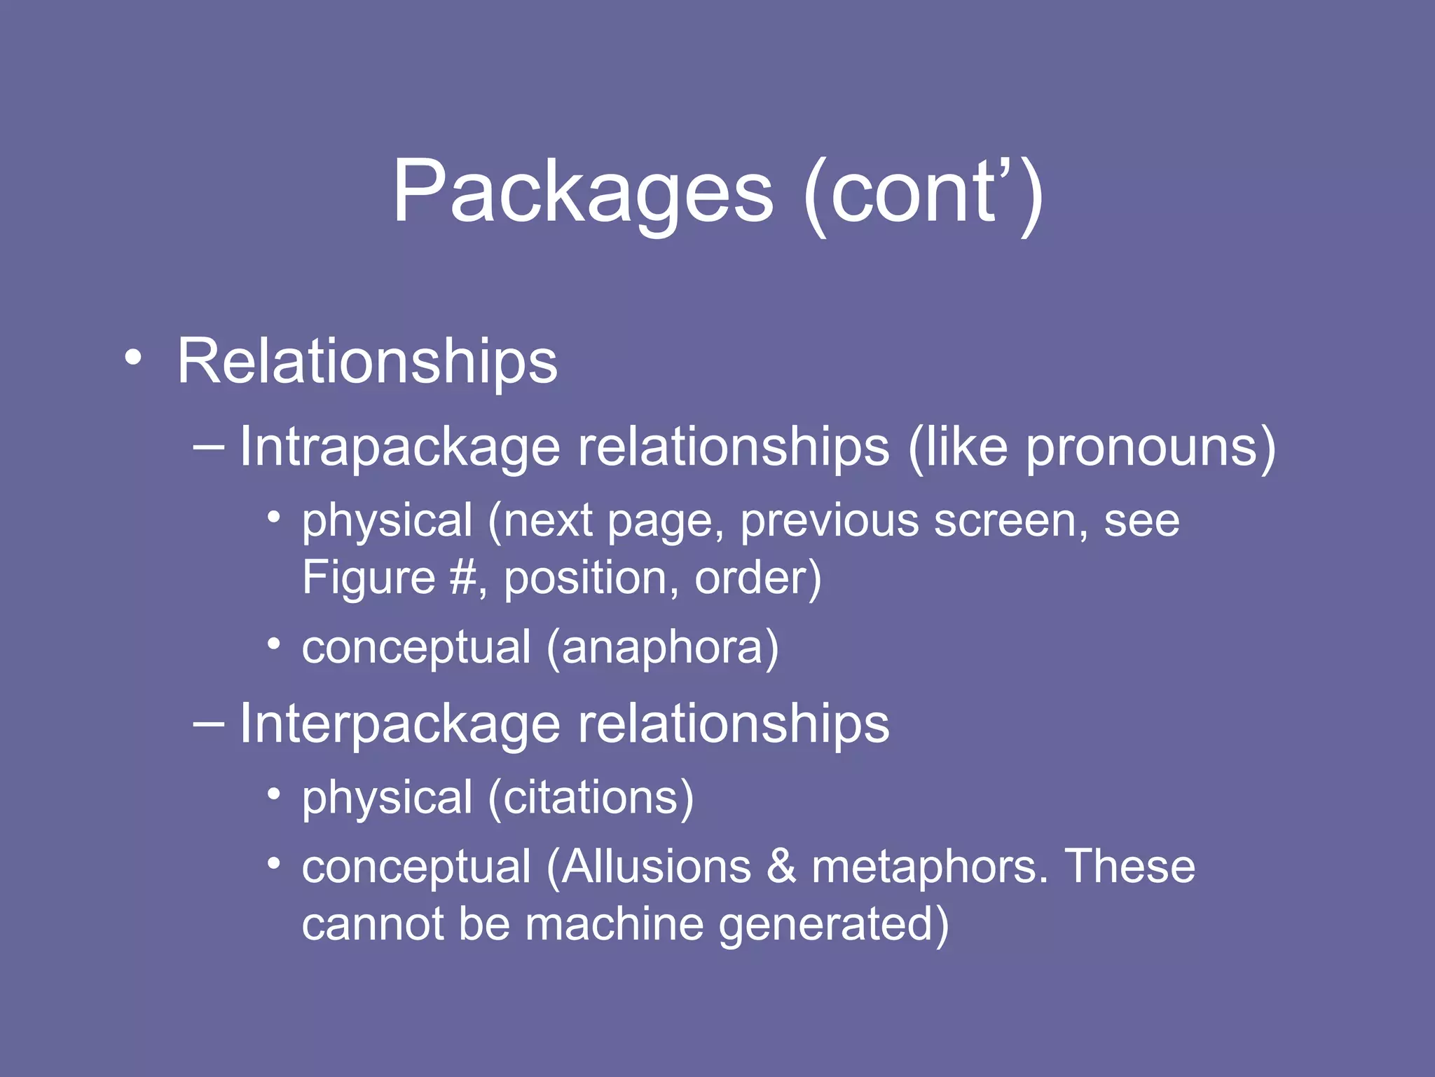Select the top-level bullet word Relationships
coord(367,362)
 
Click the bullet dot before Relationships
coord(132,358)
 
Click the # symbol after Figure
coord(463,578)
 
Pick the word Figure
coord(369,578)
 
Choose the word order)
coord(757,578)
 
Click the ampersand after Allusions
coord(781,867)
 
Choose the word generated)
coord(834,924)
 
